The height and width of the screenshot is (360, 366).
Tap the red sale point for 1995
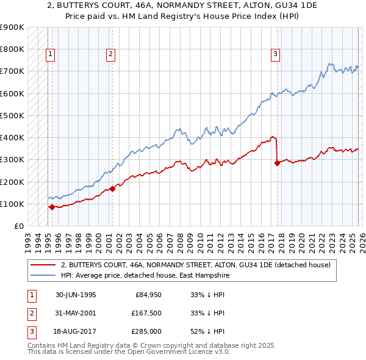tap(52, 207)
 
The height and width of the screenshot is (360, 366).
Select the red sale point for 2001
tap(112, 189)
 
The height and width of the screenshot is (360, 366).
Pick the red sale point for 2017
tap(277, 163)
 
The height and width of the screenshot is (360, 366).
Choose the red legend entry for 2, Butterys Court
tap(195, 265)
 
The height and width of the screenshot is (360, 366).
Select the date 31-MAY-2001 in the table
tap(76, 313)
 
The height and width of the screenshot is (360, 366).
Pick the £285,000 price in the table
tap(147, 332)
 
